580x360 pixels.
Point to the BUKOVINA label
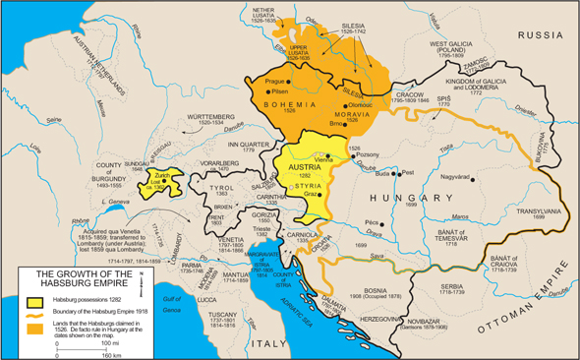pyautogui.click(x=544, y=148)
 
